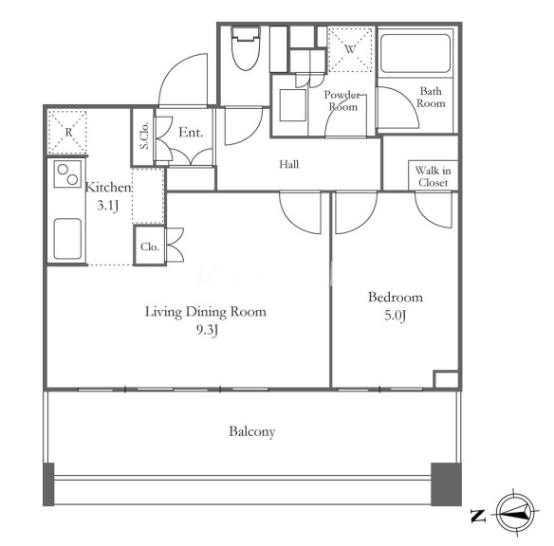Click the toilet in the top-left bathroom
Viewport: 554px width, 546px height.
(x=246, y=48)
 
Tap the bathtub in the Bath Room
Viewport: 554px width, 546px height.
(x=415, y=53)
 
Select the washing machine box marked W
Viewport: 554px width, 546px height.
(x=350, y=49)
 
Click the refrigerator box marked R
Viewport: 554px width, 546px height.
(x=68, y=132)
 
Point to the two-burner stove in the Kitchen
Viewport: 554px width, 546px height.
(x=68, y=173)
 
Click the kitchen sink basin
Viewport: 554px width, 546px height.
(x=67, y=239)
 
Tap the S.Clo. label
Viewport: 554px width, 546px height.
(x=144, y=136)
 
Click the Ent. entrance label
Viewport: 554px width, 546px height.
(x=191, y=133)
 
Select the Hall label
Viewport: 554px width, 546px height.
(x=288, y=164)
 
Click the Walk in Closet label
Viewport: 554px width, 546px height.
(x=434, y=176)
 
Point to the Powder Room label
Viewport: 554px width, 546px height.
(x=342, y=100)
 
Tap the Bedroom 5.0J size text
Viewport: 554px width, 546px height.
(x=395, y=315)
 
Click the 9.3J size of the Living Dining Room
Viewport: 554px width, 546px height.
(x=207, y=330)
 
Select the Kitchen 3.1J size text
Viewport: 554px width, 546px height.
(x=108, y=206)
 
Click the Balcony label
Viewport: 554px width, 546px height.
(x=252, y=431)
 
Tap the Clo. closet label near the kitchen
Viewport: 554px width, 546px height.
(x=150, y=246)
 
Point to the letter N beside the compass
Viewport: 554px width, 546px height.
(x=478, y=516)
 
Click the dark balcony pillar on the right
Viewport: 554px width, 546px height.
(x=446, y=484)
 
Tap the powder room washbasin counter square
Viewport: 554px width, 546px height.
(x=293, y=105)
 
